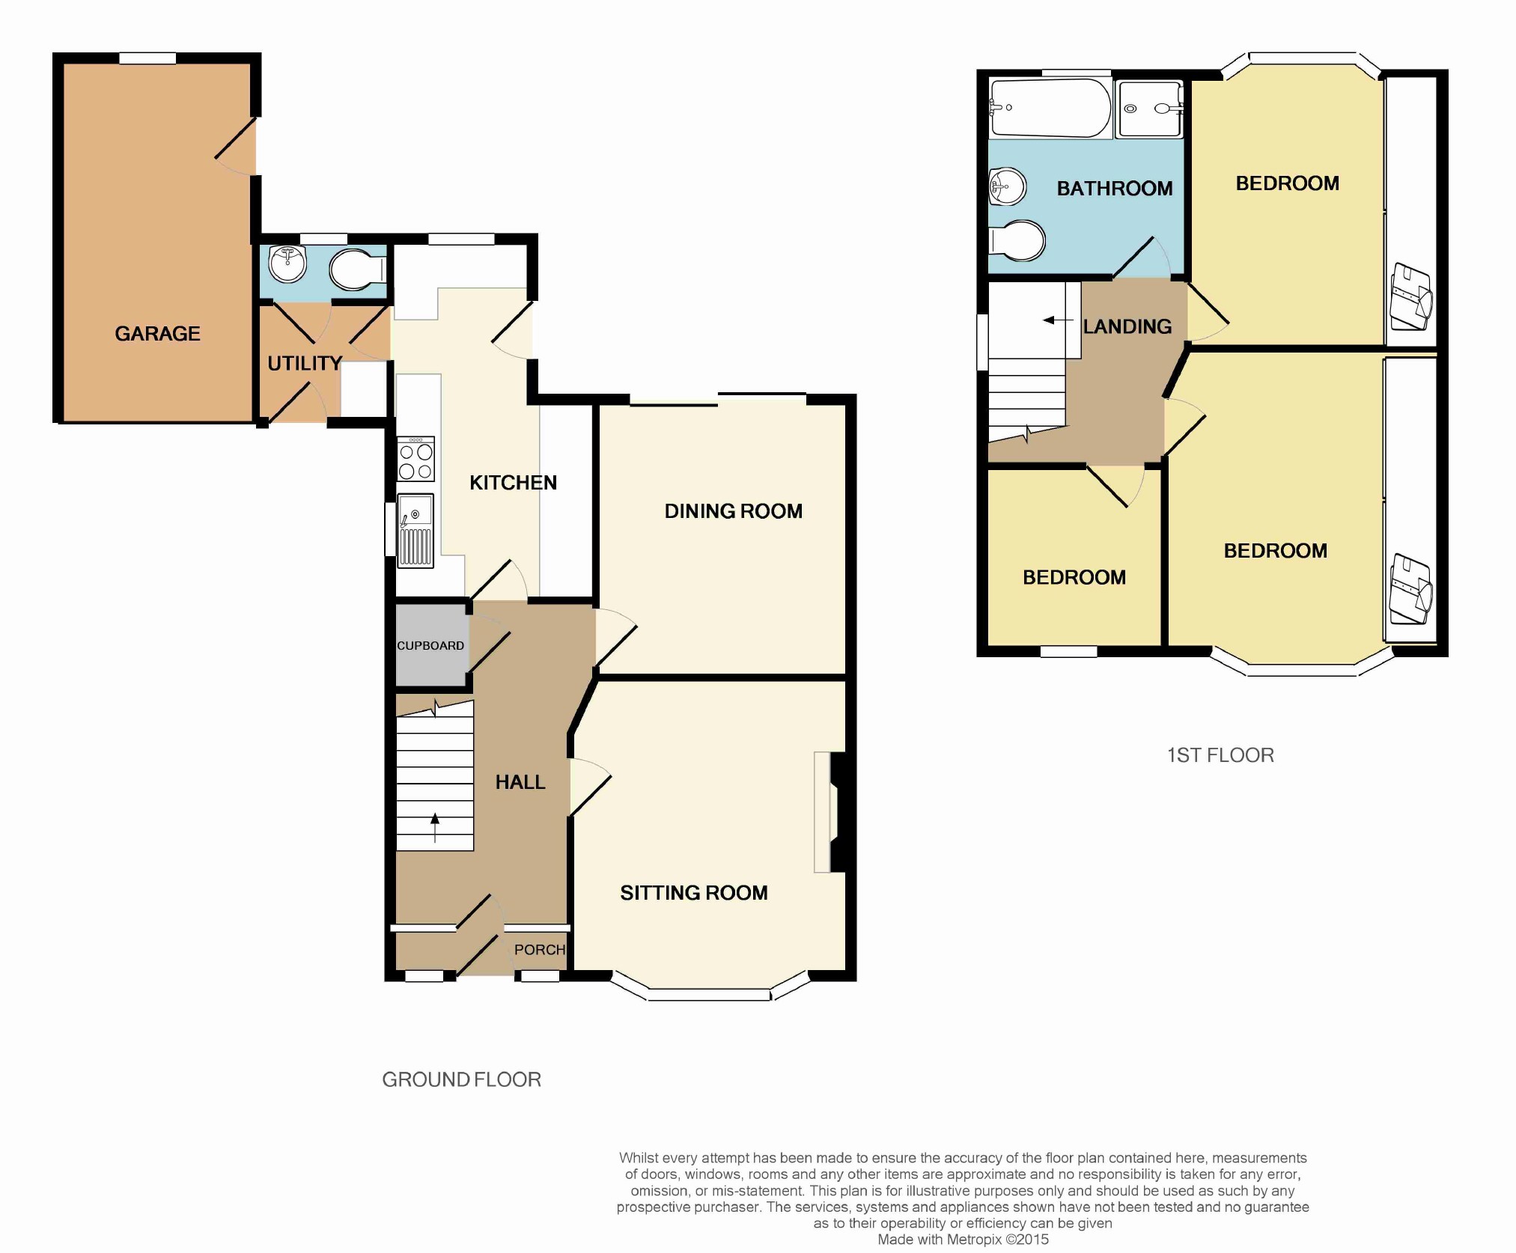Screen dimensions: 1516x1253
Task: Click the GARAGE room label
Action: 157,334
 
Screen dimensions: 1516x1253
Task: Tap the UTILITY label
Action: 305,364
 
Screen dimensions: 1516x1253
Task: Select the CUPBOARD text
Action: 430,645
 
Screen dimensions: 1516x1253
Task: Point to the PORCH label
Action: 540,950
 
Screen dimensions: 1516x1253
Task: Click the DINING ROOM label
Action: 734,511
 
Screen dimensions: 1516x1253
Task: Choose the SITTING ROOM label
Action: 694,893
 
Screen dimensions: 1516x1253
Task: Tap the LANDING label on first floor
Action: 1127,326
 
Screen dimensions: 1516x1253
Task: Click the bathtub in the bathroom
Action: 1050,108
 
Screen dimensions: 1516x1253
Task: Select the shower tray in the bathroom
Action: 1150,109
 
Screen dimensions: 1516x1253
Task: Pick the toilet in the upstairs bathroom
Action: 1017,241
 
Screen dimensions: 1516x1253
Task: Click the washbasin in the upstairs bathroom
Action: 1007,186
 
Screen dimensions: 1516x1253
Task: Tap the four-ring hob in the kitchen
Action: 415,458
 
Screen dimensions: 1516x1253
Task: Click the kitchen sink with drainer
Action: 415,531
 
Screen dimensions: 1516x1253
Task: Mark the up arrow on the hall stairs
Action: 435,828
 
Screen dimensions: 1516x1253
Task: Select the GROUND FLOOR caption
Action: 462,1080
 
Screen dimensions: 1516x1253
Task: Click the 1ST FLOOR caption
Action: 1221,755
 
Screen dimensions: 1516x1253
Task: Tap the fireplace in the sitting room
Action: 830,812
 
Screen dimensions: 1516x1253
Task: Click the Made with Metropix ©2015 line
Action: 963,1240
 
